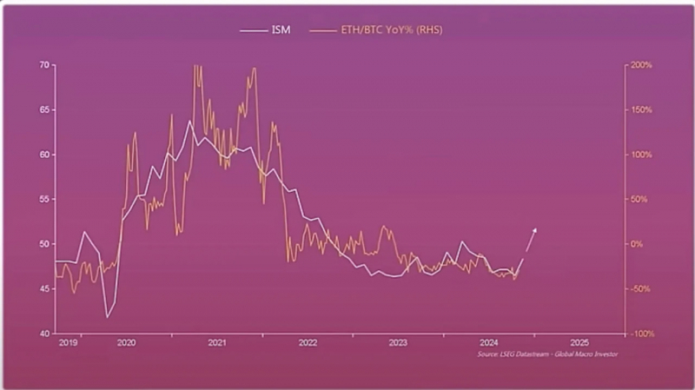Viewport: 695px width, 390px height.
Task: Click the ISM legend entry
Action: coord(265,30)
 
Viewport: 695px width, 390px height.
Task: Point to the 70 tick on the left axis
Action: coord(44,65)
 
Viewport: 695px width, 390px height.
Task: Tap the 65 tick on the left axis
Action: coord(44,110)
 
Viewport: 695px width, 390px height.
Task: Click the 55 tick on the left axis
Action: coord(44,200)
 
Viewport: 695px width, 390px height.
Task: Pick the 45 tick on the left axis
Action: coord(44,289)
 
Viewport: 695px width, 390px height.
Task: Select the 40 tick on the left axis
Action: coord(44,334)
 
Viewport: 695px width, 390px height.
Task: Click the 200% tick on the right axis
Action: coord(641,65)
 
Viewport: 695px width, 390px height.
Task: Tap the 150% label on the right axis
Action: coord(641,110)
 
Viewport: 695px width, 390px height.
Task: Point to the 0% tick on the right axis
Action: coord(637,244)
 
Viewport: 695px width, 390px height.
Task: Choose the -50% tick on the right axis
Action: coord(641,289)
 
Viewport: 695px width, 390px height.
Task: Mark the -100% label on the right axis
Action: coord(641,334)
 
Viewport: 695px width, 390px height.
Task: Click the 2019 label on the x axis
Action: coord(68,343)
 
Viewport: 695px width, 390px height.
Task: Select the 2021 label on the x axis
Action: coord(216,343)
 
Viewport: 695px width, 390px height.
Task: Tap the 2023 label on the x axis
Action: coord(398,343)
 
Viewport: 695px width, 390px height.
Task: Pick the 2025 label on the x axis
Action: coord(579,343)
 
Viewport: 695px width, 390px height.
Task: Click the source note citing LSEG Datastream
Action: coord(547,354)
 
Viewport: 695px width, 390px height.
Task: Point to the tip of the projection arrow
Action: coord(536,228)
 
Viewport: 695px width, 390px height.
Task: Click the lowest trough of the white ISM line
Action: coord(107,317)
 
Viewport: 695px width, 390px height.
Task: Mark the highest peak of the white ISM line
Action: coord(189,121)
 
